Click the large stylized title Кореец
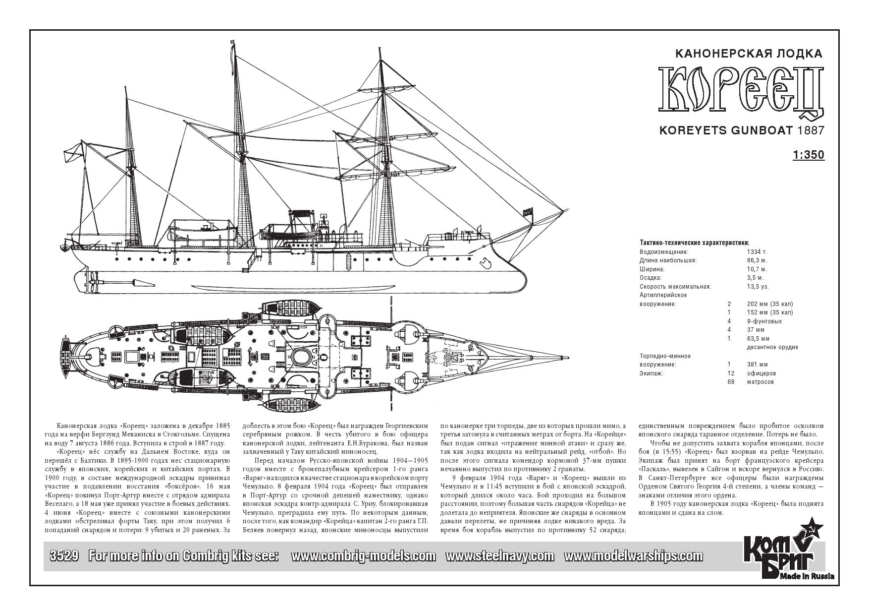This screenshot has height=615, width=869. pyautogui.click(x=741, y=93)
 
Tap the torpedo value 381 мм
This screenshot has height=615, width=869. pyautogui.click(x=757, y=365)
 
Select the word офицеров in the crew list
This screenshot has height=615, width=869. pyautogui.click(x=761, y=373)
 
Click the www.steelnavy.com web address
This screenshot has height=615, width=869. pyautogui.click(x=500, y=556)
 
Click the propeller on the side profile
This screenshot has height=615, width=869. pyautogui.click(x=92, y=283)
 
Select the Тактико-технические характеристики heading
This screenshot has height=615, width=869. pyautogui.click(x=694, y=243)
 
